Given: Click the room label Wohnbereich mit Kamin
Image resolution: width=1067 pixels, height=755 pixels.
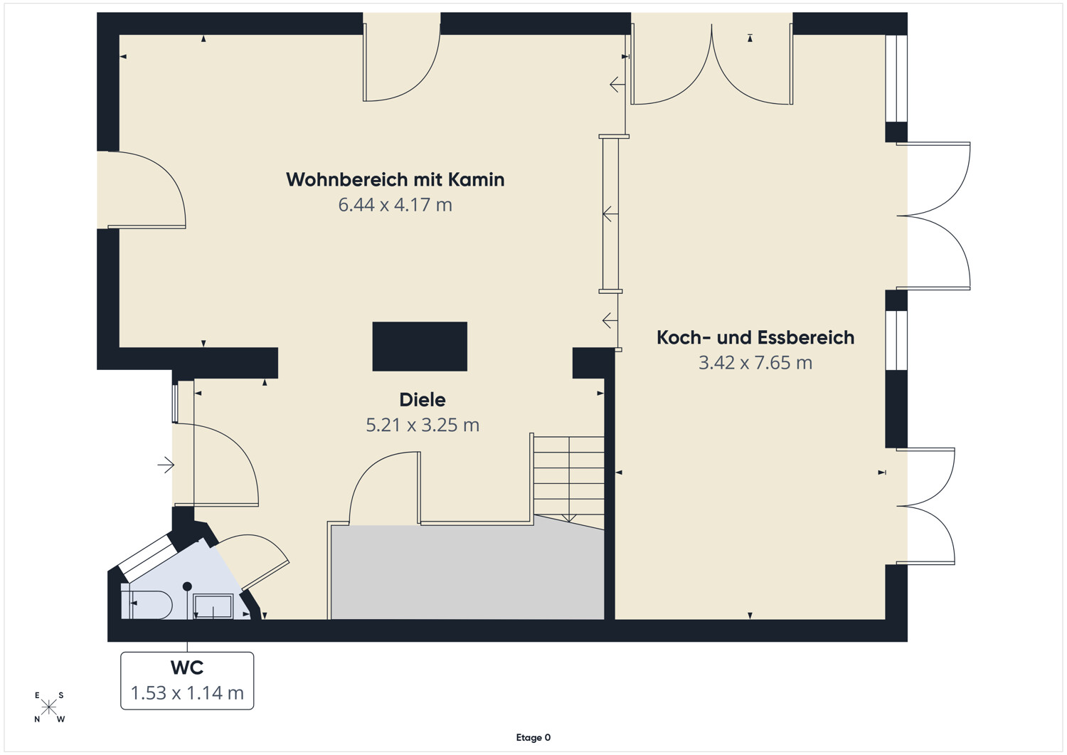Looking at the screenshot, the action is (396, 180).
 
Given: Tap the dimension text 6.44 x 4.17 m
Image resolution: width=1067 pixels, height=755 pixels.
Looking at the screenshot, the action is (396, 205).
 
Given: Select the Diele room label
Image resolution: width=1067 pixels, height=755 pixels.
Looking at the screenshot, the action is (423, 400).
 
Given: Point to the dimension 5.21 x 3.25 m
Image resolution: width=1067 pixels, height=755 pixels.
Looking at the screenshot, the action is (423, 425).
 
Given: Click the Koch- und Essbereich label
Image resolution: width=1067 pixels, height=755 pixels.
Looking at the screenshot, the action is (755, 337).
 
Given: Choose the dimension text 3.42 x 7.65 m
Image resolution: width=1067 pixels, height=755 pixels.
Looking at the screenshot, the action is (755, 363).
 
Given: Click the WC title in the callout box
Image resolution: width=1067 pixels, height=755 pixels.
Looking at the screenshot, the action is (187, 667).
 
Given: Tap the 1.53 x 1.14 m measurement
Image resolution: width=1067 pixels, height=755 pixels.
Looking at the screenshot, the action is (187, 693).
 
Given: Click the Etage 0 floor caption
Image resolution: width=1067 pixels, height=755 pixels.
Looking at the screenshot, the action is (533, 737).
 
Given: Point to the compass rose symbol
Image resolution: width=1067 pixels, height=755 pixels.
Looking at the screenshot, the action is (48, 707).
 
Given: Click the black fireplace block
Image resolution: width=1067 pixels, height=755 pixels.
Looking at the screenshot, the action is (420, 347).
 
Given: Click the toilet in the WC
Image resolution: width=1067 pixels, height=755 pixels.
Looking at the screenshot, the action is (147, 606).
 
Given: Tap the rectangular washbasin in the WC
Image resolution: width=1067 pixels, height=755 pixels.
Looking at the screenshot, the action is (213, 607).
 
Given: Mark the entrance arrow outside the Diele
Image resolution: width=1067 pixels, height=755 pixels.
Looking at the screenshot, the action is (166, 465).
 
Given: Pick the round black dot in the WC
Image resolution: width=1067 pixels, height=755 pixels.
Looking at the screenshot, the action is (187, 586).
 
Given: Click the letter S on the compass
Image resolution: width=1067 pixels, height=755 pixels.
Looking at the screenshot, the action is (61, 695).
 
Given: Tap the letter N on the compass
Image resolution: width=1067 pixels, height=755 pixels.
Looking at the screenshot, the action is (37, 719).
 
